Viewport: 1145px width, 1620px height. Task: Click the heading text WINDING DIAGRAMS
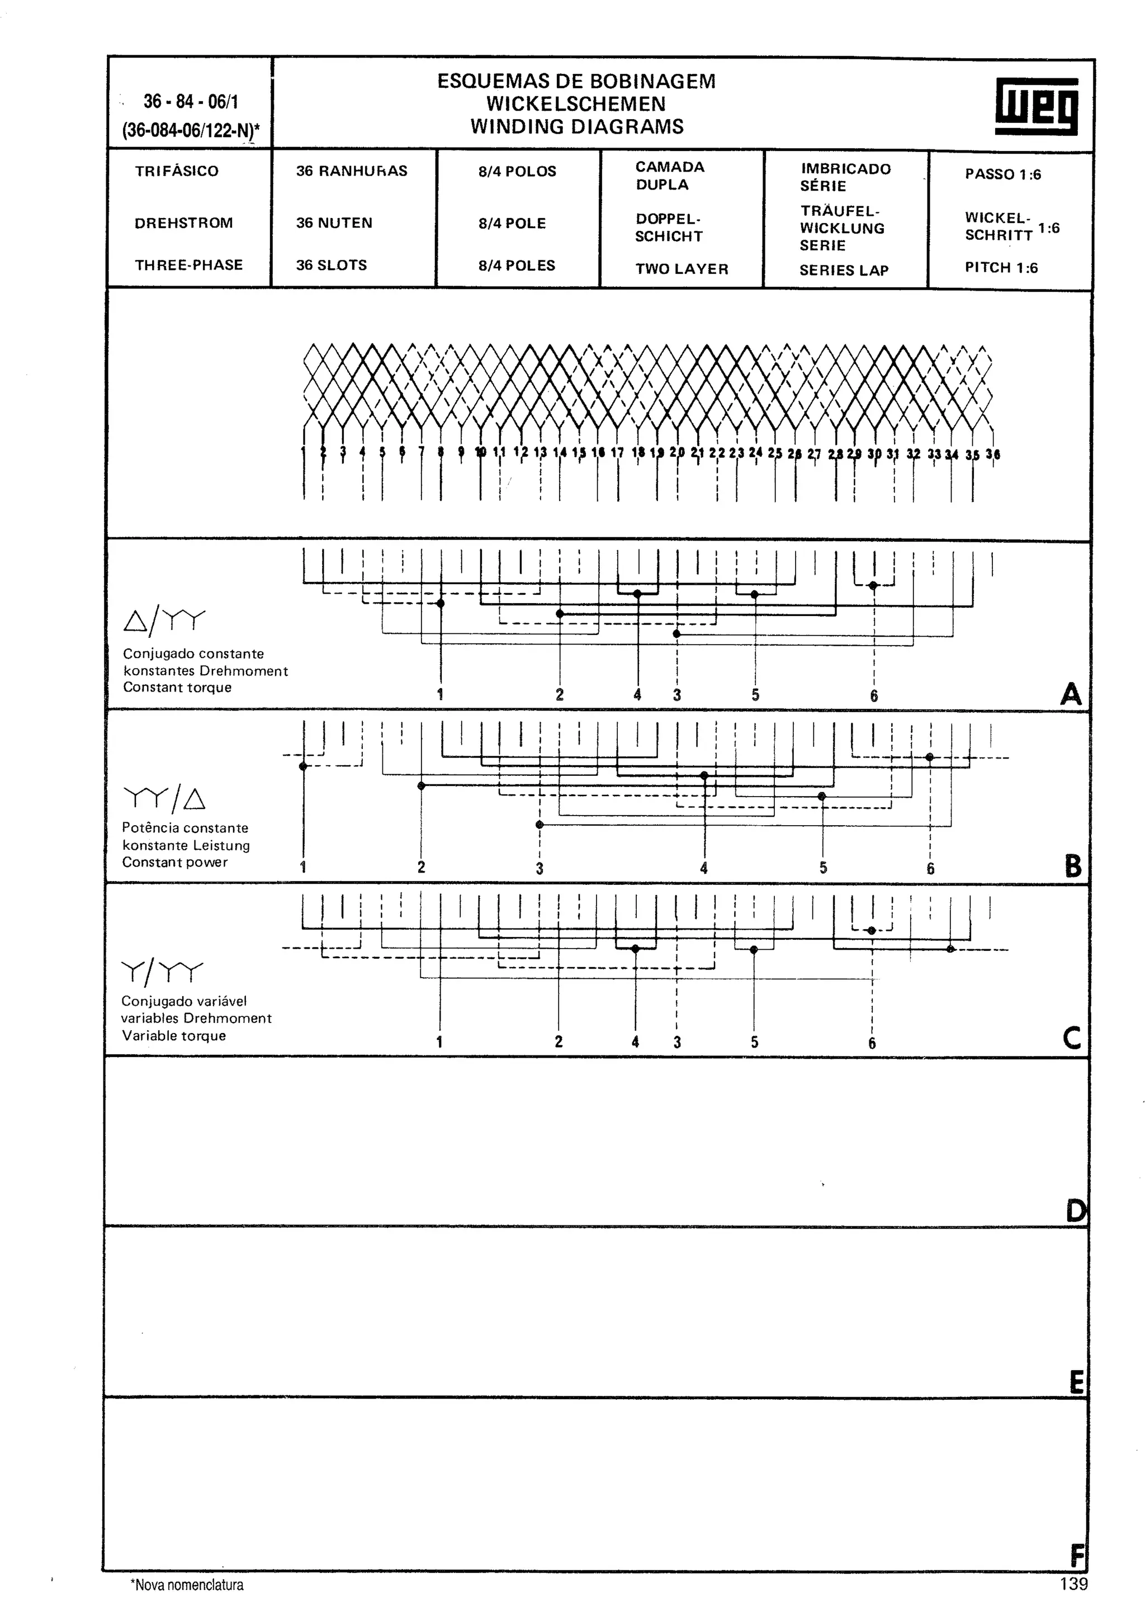pos(576,127)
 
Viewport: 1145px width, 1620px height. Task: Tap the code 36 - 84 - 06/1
pos(191,102)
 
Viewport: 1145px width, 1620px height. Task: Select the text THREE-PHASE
pos(188,266)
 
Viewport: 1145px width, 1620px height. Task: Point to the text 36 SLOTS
pos(331,266)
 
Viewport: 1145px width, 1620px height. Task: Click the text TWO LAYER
pos(681,269)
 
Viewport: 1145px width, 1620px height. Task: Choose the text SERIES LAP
pos(843,270)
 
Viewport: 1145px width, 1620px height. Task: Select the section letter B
pos(1072,866)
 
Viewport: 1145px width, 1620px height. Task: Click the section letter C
pos(1071,1038)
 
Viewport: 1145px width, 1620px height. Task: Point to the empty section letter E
pos(1076,1382)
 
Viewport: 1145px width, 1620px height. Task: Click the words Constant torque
pos(177,687)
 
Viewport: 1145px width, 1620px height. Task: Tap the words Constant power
pos(175,862)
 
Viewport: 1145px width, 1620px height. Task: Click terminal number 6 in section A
pos(873,696)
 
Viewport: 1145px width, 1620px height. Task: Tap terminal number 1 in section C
pos(439,1041)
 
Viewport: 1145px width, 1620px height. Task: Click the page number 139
pos(1073,1584)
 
